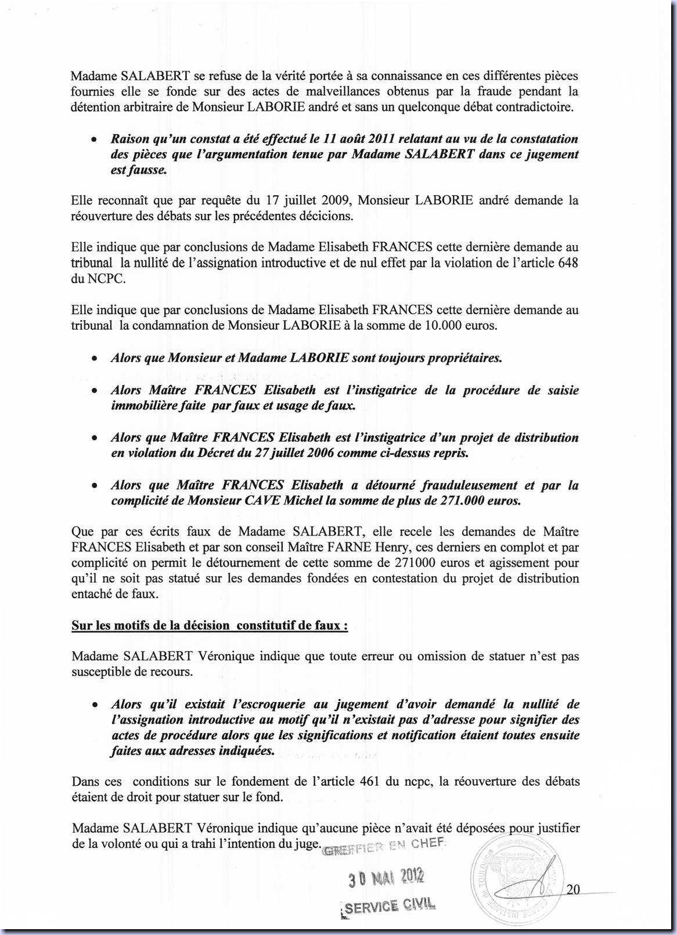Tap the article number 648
coord(567,262)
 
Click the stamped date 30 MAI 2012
coord(386,878)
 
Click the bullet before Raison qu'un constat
coord(93,140)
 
